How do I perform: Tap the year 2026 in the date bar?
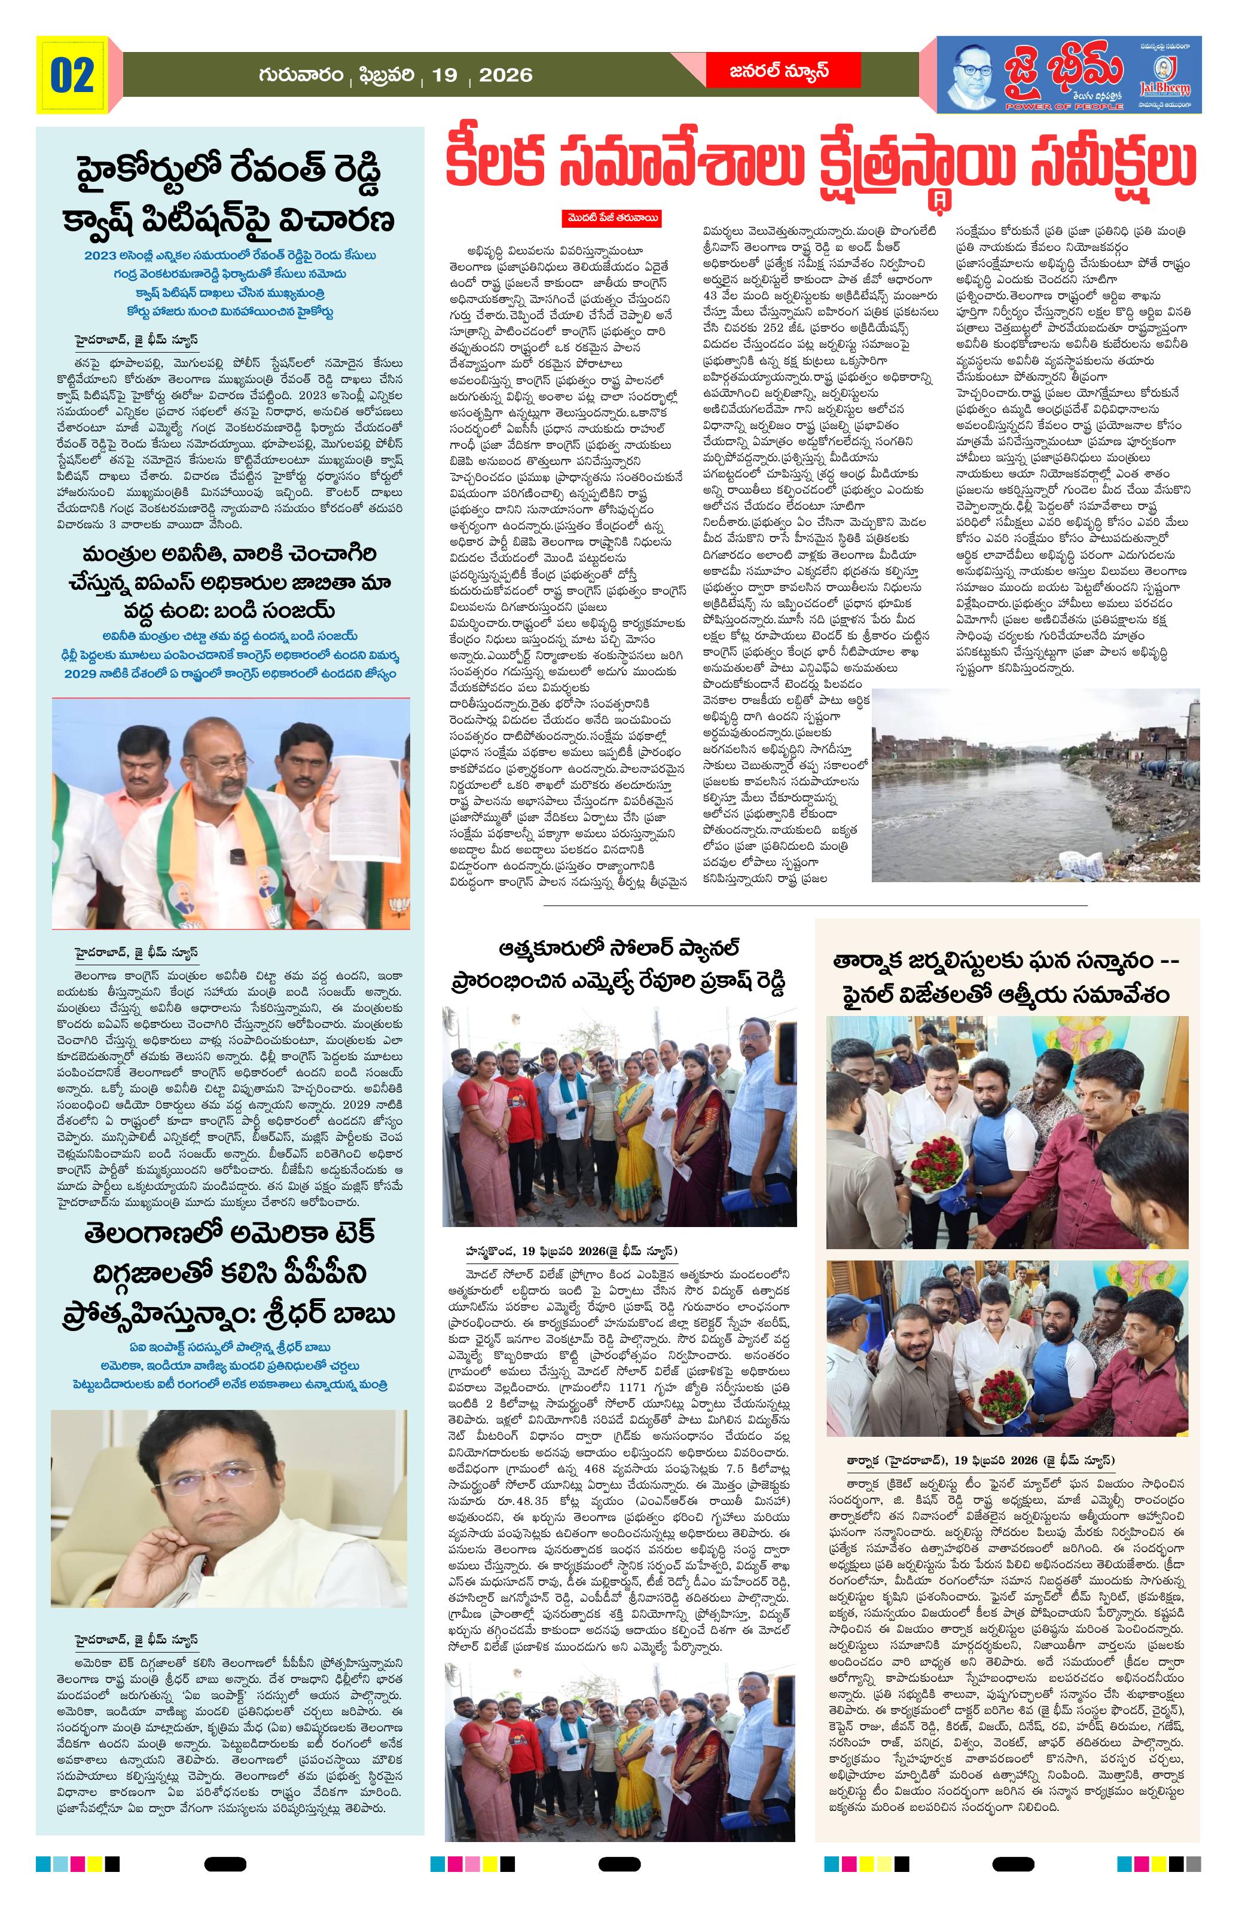coord(505,75)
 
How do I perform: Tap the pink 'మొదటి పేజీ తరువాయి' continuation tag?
coord(611,218)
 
